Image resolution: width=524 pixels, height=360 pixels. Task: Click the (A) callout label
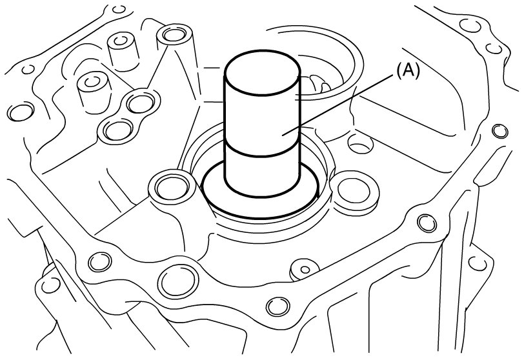(407, 71)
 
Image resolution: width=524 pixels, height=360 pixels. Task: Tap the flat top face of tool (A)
(263, 74)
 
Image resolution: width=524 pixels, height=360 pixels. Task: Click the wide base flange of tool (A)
(260, 200)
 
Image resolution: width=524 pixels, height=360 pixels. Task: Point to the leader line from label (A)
(338, 105)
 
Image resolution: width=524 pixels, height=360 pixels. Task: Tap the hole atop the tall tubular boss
(174, 34)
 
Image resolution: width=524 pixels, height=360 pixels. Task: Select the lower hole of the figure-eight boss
(117, 130)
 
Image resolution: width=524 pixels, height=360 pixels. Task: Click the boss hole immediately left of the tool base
(172, 187)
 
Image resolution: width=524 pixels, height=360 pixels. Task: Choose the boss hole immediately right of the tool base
(354, 191)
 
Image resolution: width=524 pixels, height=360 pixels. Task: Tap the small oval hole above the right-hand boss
(360, 144)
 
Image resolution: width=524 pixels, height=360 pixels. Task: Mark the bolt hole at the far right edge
(499, 131)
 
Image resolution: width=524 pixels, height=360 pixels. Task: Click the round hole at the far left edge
(21, 112)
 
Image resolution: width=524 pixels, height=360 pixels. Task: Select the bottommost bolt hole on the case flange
(278, 306)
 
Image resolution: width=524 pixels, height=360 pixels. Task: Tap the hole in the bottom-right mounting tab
(477, 263)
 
